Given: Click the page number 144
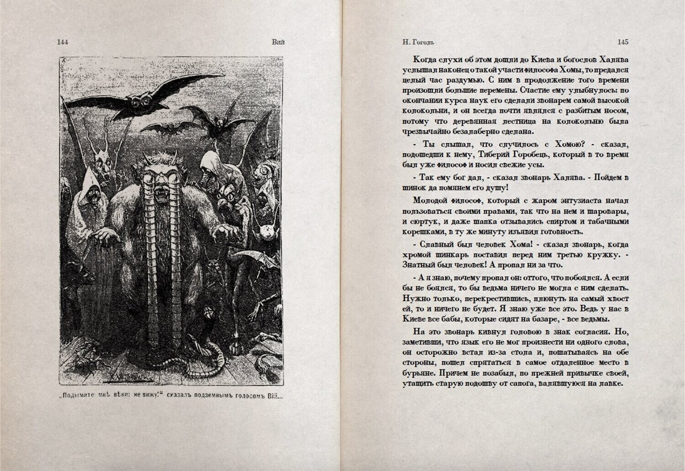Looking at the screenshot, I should coord(63,42).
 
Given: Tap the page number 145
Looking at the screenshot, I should coord(622,42).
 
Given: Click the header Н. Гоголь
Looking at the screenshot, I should coord(418,42).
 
